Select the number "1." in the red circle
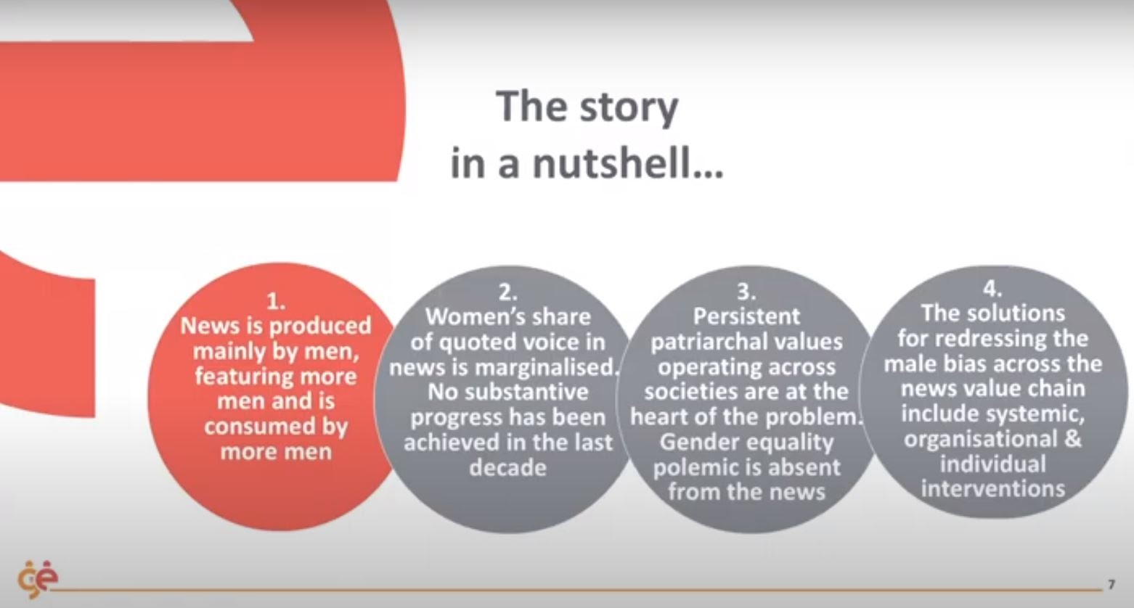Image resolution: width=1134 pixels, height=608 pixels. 276,302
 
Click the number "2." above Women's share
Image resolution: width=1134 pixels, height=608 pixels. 507,292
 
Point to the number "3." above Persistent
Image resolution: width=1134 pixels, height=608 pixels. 746,292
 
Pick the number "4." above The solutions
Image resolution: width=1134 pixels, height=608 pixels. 992,288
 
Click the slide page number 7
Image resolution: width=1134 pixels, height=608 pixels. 1111,585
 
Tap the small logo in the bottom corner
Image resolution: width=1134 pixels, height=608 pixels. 38,579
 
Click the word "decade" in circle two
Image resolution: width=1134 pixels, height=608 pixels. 507,467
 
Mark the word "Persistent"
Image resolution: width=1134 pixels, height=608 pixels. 746,316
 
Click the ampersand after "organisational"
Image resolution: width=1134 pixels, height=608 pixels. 1073,438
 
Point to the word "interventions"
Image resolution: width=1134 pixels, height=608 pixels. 992,488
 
